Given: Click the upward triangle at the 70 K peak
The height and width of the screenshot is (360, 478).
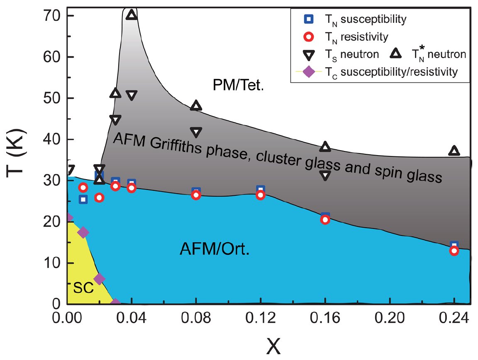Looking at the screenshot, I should point(132,15).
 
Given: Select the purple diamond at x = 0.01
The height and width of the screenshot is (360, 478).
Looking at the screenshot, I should point(83,232).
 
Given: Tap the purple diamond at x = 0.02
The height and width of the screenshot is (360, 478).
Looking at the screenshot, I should point(99,279).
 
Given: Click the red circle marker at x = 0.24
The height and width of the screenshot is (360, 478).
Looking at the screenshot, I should point(454,251).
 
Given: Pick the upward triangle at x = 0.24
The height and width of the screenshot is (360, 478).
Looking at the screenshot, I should point(454,151).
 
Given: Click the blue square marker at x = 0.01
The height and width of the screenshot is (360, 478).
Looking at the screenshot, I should point(83,199).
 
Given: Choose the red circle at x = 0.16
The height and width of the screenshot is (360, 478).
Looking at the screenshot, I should point(325,220).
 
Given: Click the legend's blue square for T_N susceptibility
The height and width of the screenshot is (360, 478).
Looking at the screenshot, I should point(308,19).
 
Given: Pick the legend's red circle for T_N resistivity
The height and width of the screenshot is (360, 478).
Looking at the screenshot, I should point(308,36).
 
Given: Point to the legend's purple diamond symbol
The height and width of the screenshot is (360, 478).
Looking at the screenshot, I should point(308,72).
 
